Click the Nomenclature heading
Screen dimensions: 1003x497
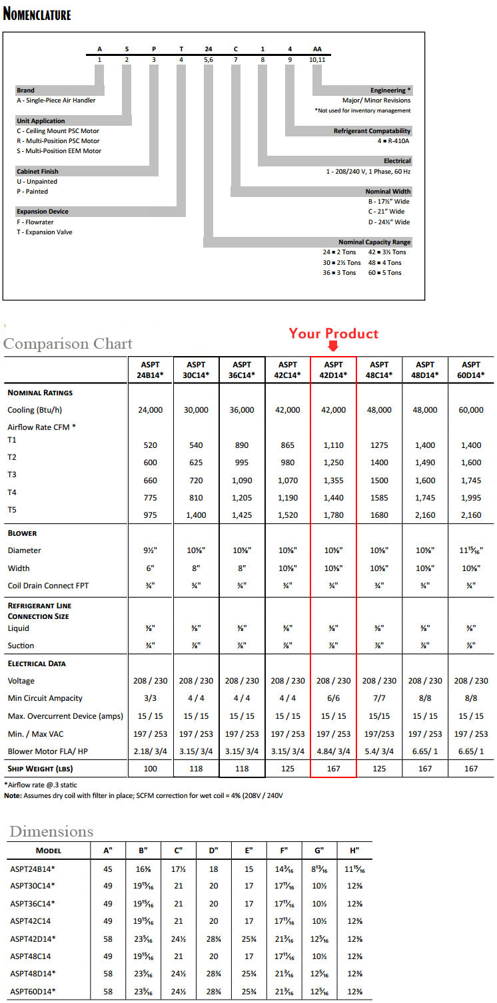(x=37, y=14)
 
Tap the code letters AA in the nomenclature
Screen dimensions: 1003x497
(x=317, y=49)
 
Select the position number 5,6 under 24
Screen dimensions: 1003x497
(x=208, y=60)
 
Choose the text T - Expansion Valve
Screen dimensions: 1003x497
(x=45, y=232)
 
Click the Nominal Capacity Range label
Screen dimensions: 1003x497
(x=374, y=242)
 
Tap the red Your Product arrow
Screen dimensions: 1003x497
(x=333, y=346)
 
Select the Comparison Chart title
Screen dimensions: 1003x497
(x=68, y=343)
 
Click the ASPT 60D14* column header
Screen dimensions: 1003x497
(x=471, y=369)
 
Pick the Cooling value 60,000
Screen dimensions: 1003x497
(x=471, y=410)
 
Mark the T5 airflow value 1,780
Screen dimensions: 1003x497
(x=333, y=515)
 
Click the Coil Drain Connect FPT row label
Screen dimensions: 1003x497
(x=48, y=586)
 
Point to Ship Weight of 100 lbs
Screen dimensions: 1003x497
(x=150, y=769)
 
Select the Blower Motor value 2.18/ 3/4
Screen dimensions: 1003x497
(x=150, y=751)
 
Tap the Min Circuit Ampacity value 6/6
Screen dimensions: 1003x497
(x=333, y=698)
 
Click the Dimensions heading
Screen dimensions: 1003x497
(x=51, y=831)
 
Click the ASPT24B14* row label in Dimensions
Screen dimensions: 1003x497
(x=33, y=869)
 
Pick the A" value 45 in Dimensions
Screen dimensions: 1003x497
(x=108, y=869)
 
